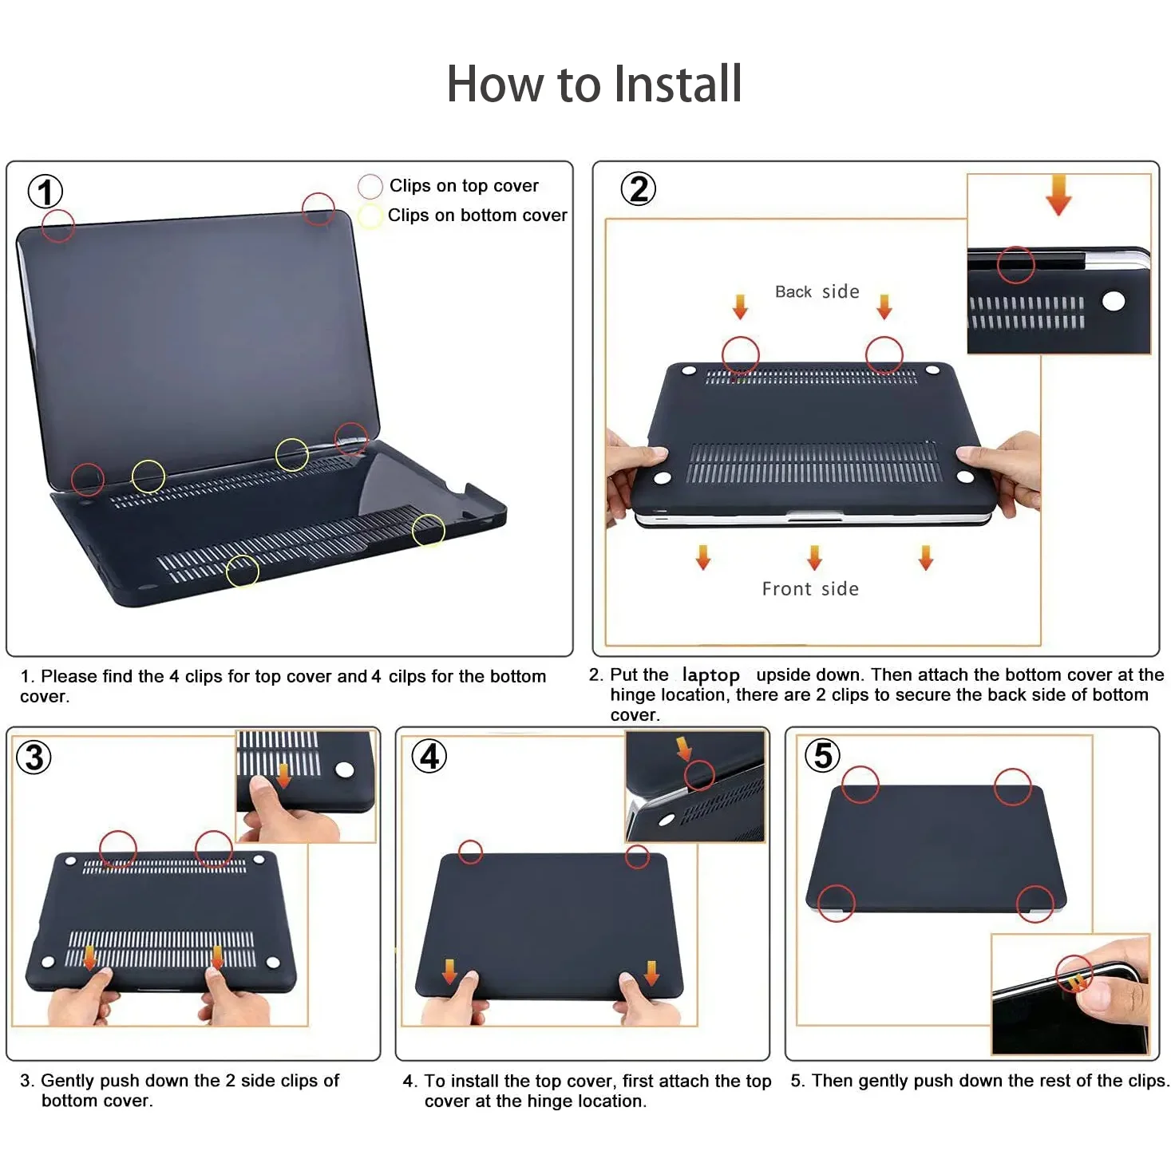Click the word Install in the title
678,83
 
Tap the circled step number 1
45,192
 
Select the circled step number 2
638,188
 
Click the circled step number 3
34,758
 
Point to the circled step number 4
429,756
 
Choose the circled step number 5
822,755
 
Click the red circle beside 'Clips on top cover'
370,175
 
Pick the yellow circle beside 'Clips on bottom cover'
370,204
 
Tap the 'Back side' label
817,292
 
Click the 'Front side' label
810,588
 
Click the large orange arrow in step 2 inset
1058,195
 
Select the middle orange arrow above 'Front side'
814,557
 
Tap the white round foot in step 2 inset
1114,301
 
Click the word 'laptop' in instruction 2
711,675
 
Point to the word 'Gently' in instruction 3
68,1081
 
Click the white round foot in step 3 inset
345,769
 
